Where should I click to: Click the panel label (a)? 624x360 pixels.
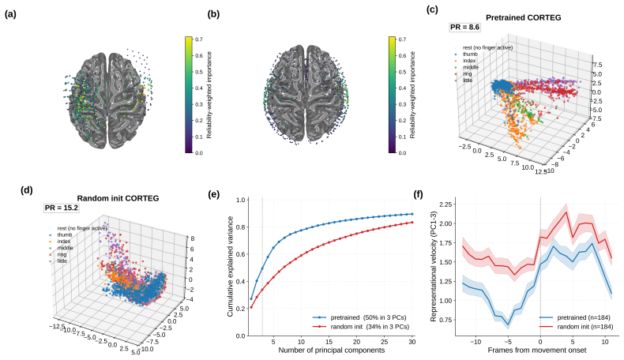pos(10,14)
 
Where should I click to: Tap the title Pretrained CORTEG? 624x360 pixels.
pos(524,17)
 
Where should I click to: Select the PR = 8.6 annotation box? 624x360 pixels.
pos(464,27)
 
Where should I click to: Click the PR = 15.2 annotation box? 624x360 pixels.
pos(62,208)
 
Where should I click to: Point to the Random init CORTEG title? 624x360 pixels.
pos(118,198)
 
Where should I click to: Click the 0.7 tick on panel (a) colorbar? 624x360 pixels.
pos(198,39)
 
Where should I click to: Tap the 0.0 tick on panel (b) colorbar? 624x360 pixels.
pos(402,152)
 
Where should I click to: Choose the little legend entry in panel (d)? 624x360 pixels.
pos(58,261)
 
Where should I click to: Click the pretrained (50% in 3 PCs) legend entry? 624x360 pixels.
pos(359,317)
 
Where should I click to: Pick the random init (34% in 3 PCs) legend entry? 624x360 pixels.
pos(360,327)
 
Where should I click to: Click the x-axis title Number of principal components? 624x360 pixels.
pos(332,350)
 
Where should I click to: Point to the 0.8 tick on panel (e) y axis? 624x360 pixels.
pos(240,227)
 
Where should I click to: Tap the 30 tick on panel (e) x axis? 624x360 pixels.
pos(412,342)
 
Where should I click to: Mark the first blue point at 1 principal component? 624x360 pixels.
pos(251,298)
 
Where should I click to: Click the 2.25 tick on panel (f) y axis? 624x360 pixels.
pos(445,204)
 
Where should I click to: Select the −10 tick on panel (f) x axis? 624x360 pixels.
pos(476,342)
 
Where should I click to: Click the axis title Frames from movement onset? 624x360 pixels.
pos(537,350)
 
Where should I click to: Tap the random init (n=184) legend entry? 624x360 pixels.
pos(577,327)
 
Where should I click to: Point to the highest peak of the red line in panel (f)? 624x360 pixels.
pos(566,212)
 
